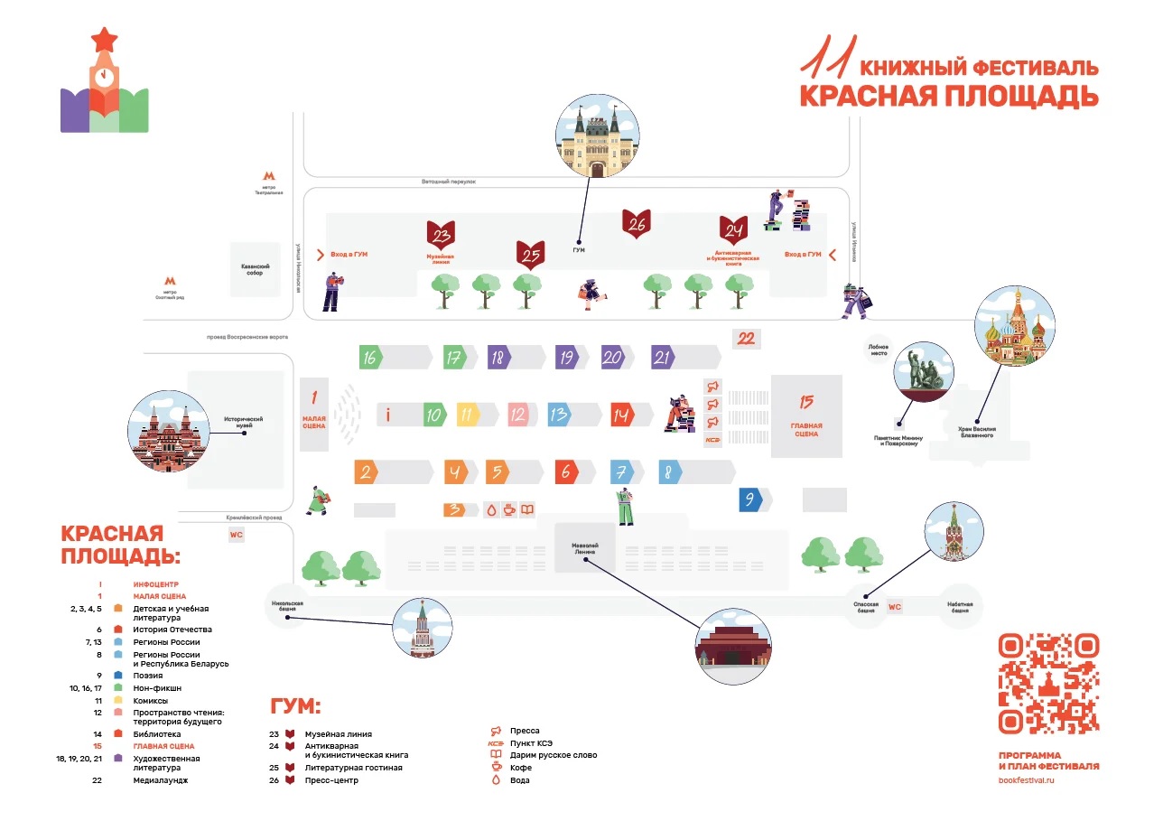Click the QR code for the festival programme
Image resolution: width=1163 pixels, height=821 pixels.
point(1048,684)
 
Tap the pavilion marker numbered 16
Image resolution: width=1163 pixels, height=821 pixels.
point(370,358)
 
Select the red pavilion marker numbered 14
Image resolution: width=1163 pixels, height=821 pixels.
point(620,415)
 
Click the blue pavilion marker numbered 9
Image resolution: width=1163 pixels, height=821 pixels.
point(749,499)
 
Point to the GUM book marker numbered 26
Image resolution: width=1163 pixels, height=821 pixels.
point(637,224)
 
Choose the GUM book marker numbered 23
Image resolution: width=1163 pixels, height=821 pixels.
point(442,236)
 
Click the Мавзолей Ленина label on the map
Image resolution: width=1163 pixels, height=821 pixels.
point(585,549)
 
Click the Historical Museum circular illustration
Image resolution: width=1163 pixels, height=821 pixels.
point(170,434)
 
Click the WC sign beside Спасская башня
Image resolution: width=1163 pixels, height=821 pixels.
point(895,607)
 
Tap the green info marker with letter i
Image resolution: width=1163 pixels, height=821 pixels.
point(387,415)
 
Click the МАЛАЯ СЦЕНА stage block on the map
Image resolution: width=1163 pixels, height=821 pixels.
point(314,414)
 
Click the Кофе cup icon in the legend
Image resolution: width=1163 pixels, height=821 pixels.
point(496,768)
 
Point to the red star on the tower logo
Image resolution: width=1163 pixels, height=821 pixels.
point(105,40)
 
